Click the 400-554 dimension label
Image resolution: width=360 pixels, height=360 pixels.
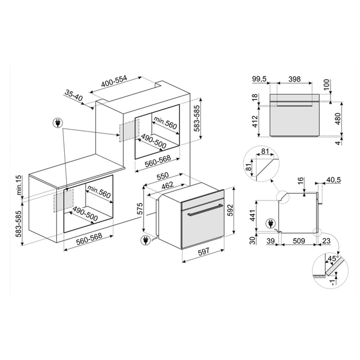tap(114, 81)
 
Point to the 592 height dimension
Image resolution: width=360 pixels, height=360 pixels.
tap(231, 210)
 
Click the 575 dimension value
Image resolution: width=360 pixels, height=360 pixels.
tap(140, 209)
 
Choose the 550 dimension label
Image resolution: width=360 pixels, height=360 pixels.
tap(162, 176)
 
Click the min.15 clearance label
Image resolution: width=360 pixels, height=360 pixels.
tap(20, 185)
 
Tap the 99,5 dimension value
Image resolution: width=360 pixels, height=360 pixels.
tap(259, 79)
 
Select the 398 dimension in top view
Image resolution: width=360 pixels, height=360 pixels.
tap(294, 79)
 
